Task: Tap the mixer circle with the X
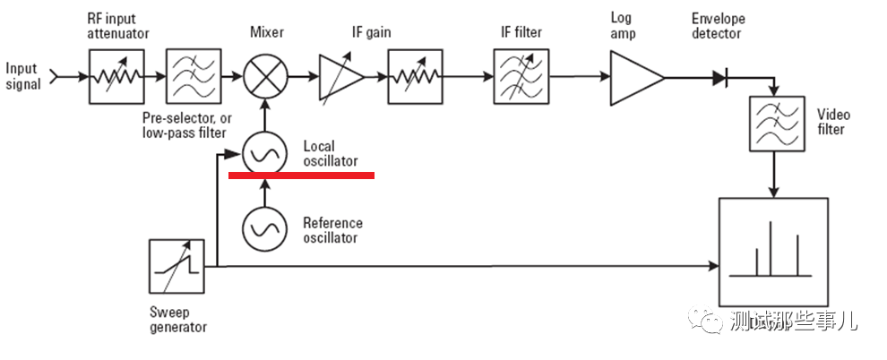point(265,78)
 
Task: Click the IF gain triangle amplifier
point(340,78)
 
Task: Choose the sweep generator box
point(176,266)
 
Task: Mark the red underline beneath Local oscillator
point(301,176)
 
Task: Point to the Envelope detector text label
point(718,26)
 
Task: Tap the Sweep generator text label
point(177,320)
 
